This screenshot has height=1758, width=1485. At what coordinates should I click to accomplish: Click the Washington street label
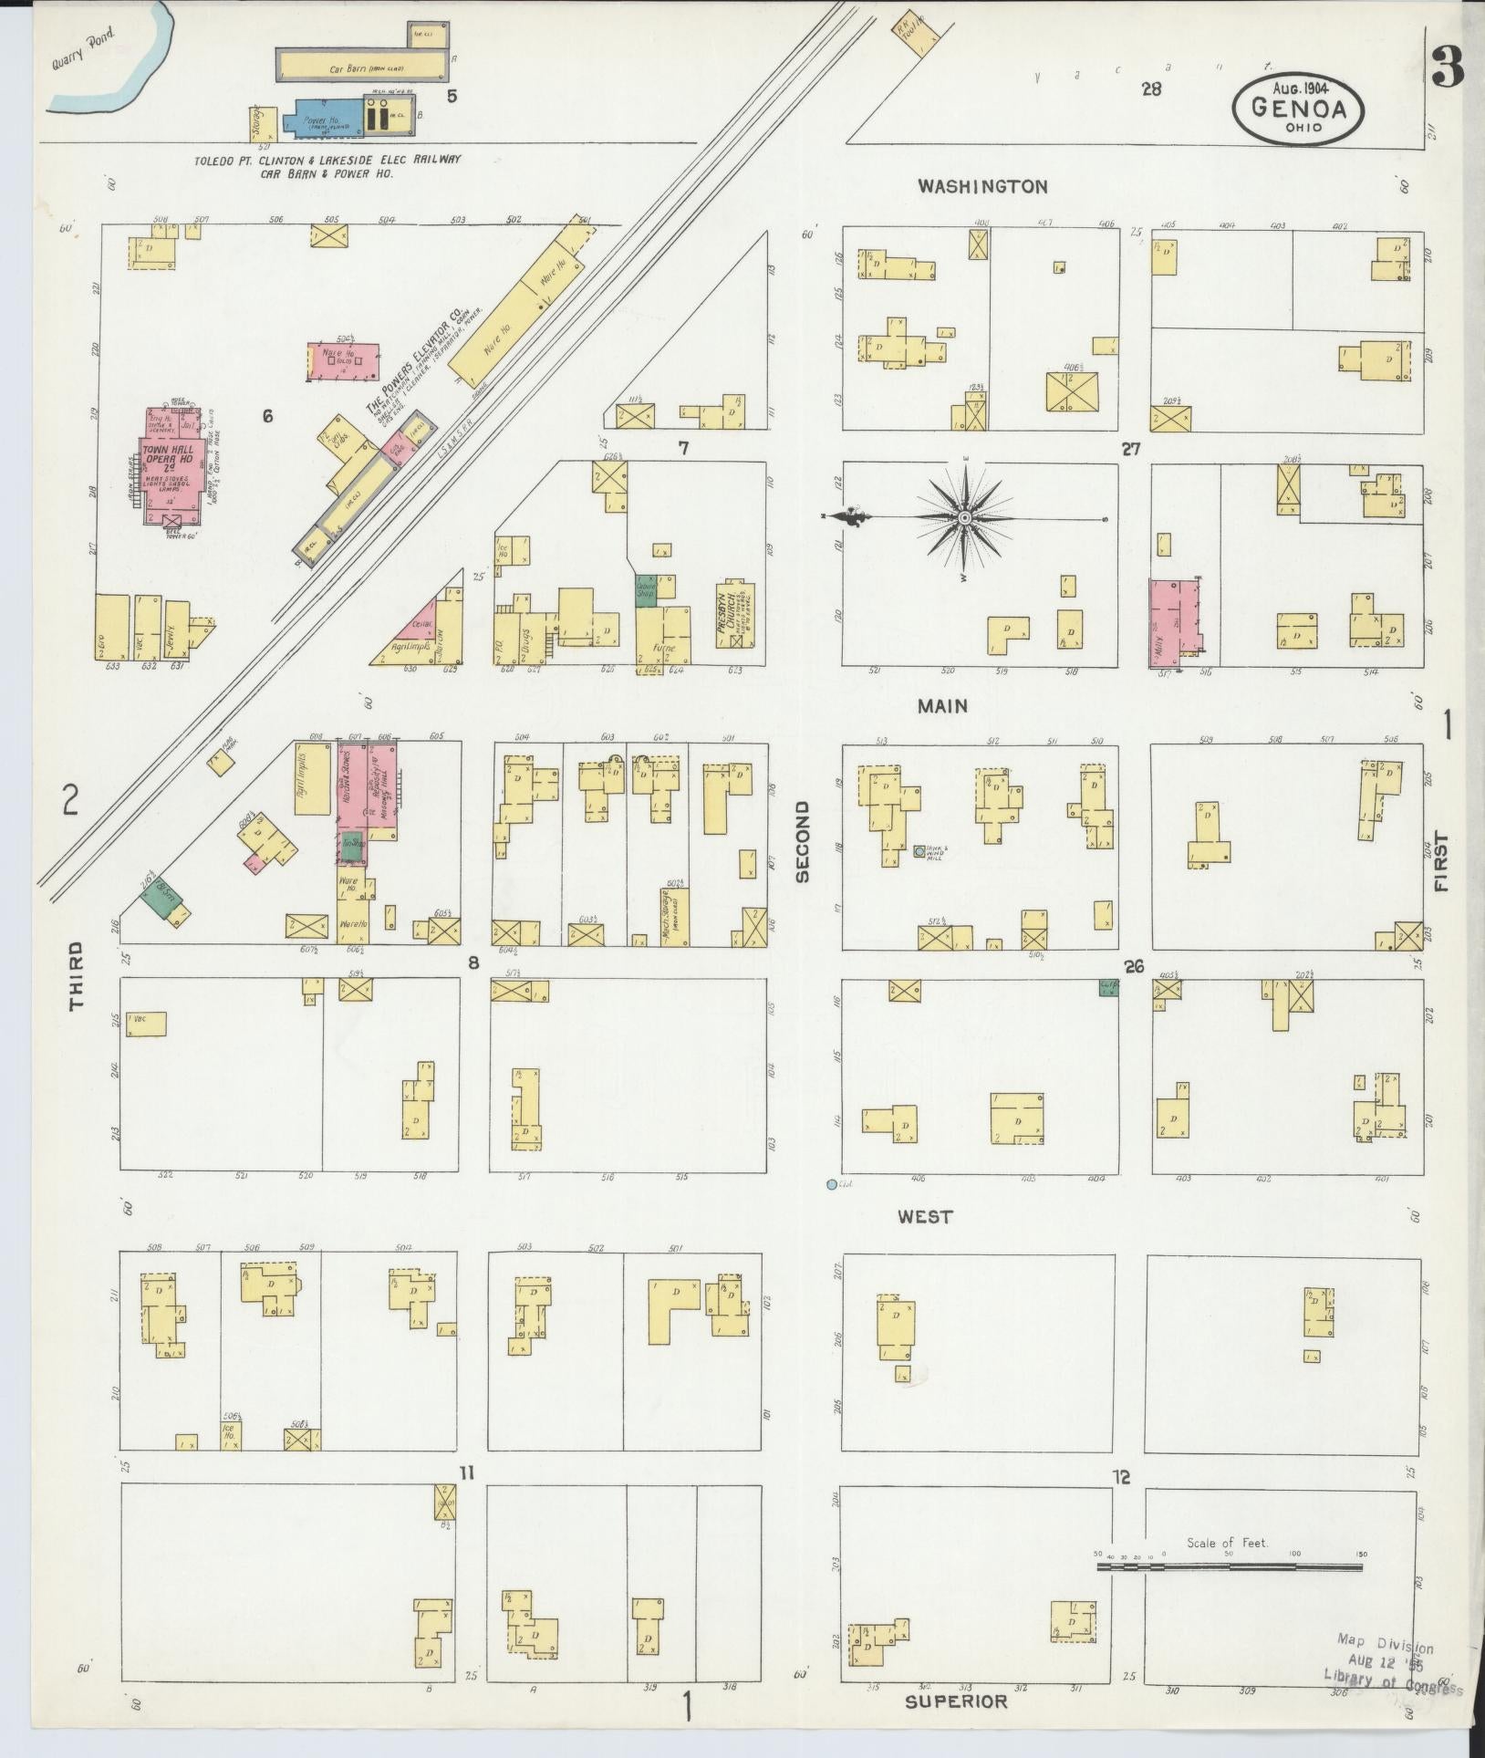click(x=982, y=186)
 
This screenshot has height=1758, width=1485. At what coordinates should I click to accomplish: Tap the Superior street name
click(x=956, y=1701)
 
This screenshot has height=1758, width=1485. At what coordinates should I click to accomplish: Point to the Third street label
click(x=76, y=975)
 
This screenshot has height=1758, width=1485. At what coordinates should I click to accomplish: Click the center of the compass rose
click(x=964, y=518)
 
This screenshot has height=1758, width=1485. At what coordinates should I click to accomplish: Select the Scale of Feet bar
click(x=1228, y=1566)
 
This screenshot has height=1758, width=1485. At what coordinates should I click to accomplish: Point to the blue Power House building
click(x=323, y=122)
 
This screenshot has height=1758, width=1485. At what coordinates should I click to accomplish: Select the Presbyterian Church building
click(x=735, y=613)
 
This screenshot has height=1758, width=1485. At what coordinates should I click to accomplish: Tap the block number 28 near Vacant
click(x=1151, y=89)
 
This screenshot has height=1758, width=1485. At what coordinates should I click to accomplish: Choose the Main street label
click(x=942, y=705)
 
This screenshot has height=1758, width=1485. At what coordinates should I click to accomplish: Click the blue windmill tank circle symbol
click(x=919, y=851)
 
